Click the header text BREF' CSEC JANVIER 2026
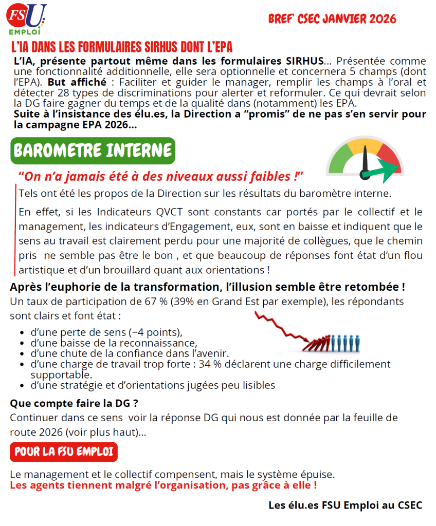tap(332, 19)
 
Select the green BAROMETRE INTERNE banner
tap(93, 151)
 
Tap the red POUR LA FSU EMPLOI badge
tap(64, 452)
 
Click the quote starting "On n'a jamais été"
tap(160, 177)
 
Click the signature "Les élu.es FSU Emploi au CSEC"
tap(345, 505)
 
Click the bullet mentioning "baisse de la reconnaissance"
tap(114, 343)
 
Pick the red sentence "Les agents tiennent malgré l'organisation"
tap(163, 485)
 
